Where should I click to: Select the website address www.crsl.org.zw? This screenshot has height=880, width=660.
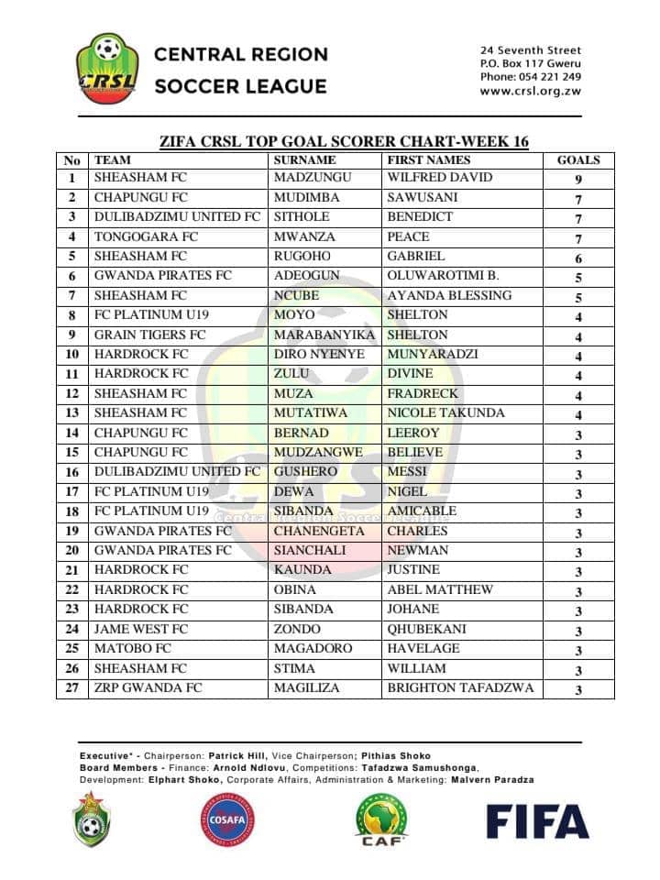click(530, 92)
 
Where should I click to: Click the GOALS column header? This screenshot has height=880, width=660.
click(578, 159)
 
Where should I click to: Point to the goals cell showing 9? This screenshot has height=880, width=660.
click(578, 180)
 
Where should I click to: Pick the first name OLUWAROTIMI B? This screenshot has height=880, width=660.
click(443, 276)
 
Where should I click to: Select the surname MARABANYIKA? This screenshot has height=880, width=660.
click(324, 335)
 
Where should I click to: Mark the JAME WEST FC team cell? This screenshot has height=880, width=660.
click(141, 630)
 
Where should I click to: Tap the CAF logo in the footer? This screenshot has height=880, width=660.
click(381, 819)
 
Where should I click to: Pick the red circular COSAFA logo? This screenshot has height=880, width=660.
click(228, 819)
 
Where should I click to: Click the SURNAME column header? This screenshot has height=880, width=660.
click(305, 159)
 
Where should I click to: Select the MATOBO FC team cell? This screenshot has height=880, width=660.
click(133, 649)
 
